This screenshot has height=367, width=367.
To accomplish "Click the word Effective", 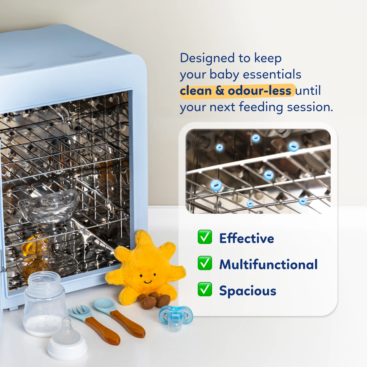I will click(246, 238).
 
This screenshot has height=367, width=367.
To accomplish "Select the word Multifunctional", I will click(268, 264).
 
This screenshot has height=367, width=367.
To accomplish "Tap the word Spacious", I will click(247, 291).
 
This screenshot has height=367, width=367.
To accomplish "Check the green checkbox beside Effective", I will click(205, 237).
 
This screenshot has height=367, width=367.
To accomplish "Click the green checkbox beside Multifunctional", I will click(205, 263).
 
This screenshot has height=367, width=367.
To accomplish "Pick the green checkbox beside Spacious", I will click(205, 290).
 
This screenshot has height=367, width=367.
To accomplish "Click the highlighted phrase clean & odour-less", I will click(236, 91).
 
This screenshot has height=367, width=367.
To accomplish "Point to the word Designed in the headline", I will click(207, 58).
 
